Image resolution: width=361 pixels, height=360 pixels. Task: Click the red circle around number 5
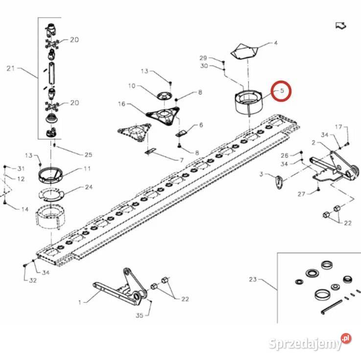281,91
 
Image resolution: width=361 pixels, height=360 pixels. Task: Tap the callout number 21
11,68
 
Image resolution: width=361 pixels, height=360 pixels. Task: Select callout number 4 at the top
275,43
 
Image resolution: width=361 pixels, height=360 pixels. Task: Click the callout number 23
252,280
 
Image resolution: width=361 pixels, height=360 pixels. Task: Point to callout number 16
121,104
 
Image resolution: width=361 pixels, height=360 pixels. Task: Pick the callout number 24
89,187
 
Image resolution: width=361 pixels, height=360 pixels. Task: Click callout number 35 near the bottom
139,316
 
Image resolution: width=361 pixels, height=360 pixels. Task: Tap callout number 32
33,281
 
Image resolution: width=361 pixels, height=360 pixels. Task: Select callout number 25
88,155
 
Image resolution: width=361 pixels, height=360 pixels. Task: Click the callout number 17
338,127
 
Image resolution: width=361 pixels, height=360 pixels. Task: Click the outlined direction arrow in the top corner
340,26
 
